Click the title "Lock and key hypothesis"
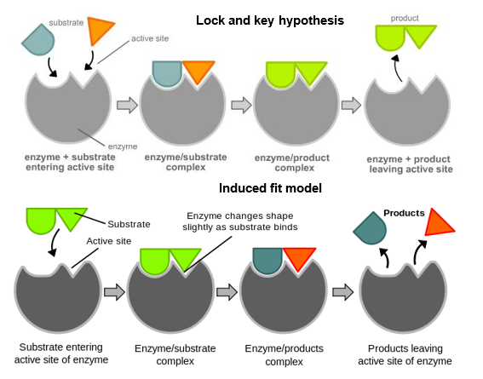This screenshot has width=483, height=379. (270, 20)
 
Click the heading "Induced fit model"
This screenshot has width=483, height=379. (270, 188)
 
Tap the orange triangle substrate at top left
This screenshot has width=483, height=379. (100, 30)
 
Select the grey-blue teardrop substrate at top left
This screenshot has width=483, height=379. (38, 40)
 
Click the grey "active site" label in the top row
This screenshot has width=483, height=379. (150, 38)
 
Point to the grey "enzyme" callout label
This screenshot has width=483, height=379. (123, 146)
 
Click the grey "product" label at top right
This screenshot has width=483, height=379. (405, 19)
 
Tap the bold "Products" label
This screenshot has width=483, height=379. (404, 213)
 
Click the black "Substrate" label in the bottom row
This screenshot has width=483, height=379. (129, 224)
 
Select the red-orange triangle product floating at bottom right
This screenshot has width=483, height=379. (437, 223)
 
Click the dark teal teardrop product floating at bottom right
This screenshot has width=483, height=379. (371, 228)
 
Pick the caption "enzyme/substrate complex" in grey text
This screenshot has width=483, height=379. (186, 163)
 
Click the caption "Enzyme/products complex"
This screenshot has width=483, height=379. (284, 354)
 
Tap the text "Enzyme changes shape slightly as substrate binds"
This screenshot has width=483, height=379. (240, 221)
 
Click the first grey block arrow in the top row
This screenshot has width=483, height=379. (127, 105)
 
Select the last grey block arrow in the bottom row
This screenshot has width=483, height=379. (342, 292)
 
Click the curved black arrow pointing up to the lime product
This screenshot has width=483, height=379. (397, 68)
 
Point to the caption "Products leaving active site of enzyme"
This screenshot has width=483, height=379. (405, 354)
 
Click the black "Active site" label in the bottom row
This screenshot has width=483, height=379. (109, 241)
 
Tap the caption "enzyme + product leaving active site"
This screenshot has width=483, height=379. (411, 164)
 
